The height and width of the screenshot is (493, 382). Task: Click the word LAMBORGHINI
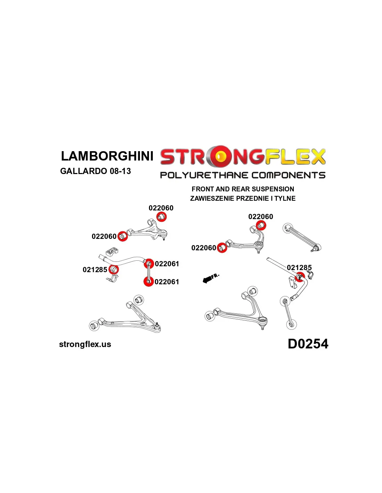[107, 156]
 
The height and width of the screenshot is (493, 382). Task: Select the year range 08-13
[120, 171]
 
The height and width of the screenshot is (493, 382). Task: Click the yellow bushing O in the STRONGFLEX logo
[220, 157]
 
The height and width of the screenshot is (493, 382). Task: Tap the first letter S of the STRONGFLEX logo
[168, 157]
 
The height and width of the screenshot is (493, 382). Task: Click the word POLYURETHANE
[204, 175]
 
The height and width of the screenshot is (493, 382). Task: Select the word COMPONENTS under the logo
[288, 175]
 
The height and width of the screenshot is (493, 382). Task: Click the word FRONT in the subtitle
[203, 189]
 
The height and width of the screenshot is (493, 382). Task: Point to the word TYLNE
[285, 199]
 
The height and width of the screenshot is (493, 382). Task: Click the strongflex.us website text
[85, 344]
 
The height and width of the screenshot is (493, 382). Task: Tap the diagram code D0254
[308, 344]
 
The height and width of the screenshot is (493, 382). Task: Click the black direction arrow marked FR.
[207, 279]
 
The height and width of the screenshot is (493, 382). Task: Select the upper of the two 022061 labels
[167, 264]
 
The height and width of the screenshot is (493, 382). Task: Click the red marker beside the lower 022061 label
[148, 282]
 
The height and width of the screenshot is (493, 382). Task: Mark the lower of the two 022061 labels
[167, 282]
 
